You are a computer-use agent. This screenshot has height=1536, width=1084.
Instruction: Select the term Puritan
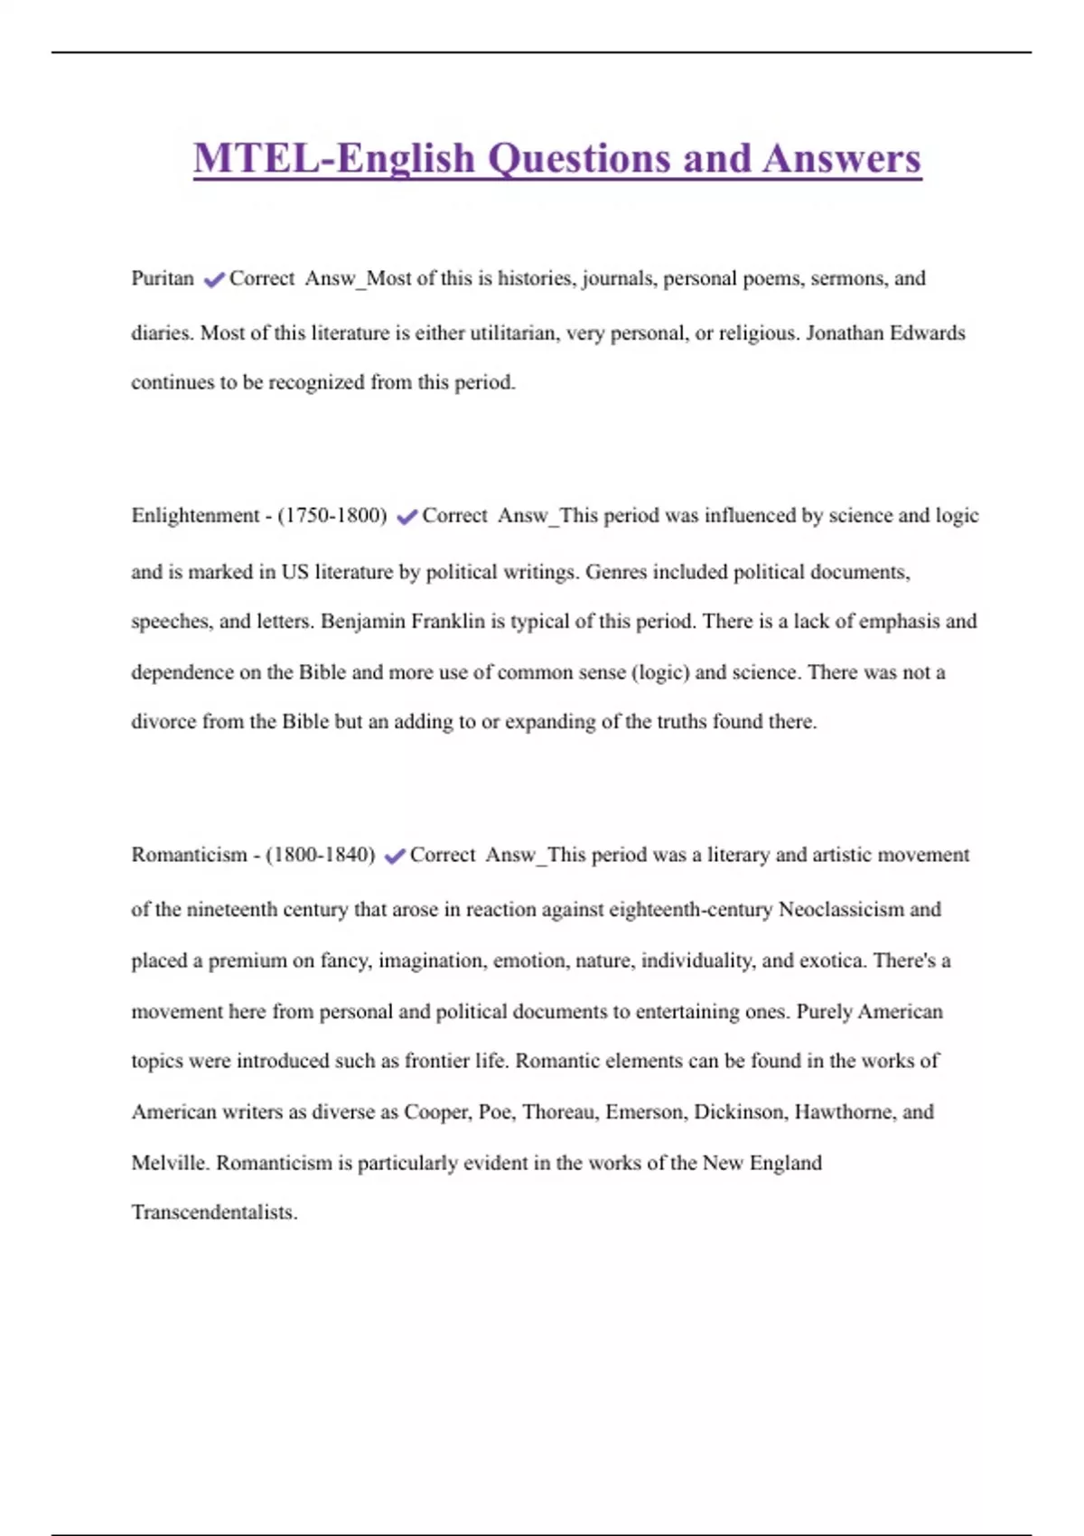[x=163, y=278]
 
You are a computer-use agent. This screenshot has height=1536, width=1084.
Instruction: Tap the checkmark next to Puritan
[x=213, y=280]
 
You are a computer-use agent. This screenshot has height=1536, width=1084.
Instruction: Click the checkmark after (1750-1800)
[x=406, y=517]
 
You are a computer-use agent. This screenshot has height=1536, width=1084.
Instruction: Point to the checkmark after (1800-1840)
[x=394, y=856]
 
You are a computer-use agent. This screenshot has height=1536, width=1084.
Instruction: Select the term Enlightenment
[x=195, y=516]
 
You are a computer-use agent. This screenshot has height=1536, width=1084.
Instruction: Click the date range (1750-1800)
[x=332, y=516]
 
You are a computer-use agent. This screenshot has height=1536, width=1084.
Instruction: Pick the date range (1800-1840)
[x=321, y=855]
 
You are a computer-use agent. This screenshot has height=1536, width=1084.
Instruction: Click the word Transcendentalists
[x=213, y=1213]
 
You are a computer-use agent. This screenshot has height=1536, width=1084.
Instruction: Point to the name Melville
[x=170, y=1163]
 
